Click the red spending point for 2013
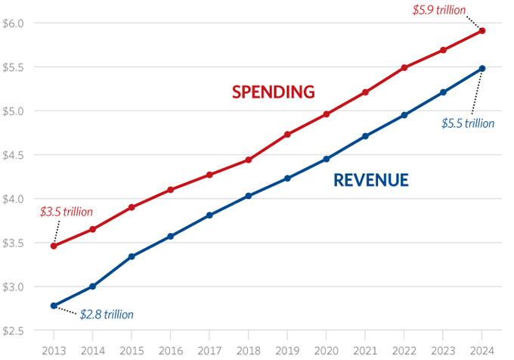point(54,246)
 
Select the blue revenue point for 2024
point(482,69)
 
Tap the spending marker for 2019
point(288,135)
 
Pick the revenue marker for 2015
point(132,256)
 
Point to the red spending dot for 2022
point(404,67)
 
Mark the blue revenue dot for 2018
point(249,196)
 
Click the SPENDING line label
point(273,92)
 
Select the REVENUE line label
point(371,180)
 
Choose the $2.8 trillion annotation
point(107,313)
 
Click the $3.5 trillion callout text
point(67,213)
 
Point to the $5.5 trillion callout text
point(468,123)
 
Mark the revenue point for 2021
point(366,136)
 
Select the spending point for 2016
point(171,190)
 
